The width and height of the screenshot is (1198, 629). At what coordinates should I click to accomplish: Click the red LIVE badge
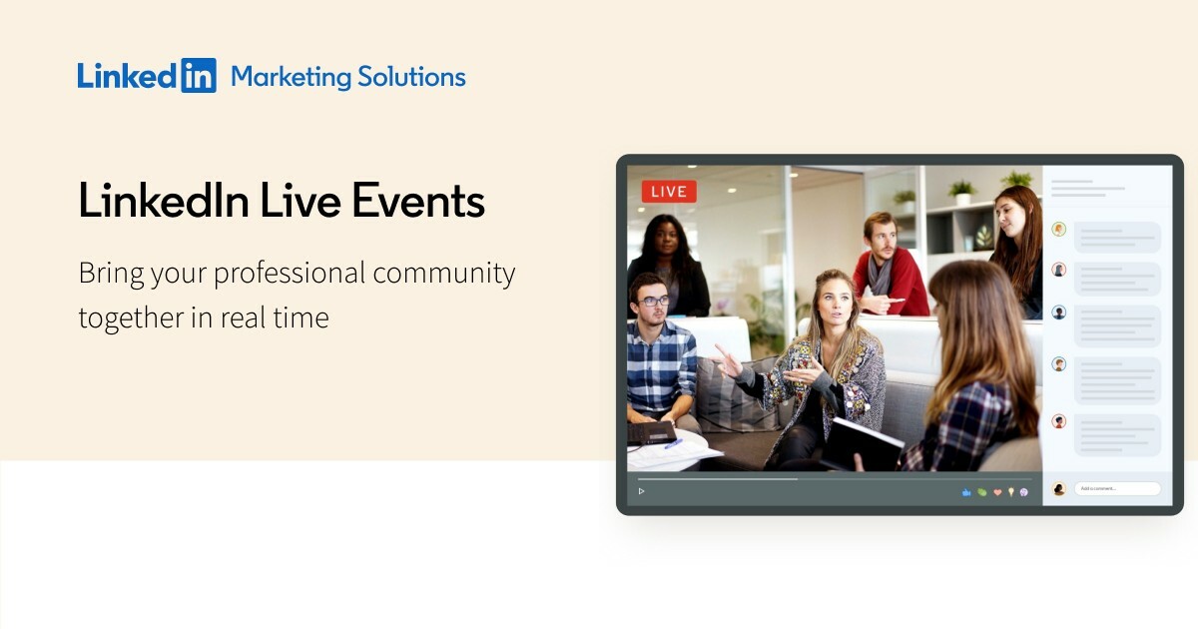pyautogui.click(x=669, y=191)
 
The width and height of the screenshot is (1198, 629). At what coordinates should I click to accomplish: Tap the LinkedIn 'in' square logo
pyautogui.click(x=198, y=76)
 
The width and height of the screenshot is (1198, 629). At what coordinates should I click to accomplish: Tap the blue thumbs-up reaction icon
pyautogui.click(x=966, y=492)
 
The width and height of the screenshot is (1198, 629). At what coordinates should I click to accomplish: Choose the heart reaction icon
pyautogui.click(x=996, y=492)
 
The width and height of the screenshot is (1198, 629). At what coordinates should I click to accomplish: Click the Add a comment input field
pyautogui.click(x=1116, y=489)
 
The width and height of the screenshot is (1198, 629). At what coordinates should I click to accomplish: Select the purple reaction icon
pyautogui.click(x=1024, y=492)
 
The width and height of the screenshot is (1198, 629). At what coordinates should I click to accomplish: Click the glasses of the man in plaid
pyautogui.click(x=654, y=301)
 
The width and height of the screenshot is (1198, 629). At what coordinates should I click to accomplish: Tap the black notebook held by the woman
pyautogui.click(x=864, y=444)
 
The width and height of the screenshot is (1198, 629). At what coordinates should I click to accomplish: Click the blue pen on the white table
pyautogui.click(x=673, y=443)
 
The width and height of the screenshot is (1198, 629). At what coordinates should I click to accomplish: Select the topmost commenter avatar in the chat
pyautogui.click(x=1059, y=230)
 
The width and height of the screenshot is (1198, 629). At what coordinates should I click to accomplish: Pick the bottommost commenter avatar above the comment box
pyautogui.click(x=1059, y=421)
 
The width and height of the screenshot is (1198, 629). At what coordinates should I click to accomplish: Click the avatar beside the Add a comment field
pyautogui.click(x=1059, y=489)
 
